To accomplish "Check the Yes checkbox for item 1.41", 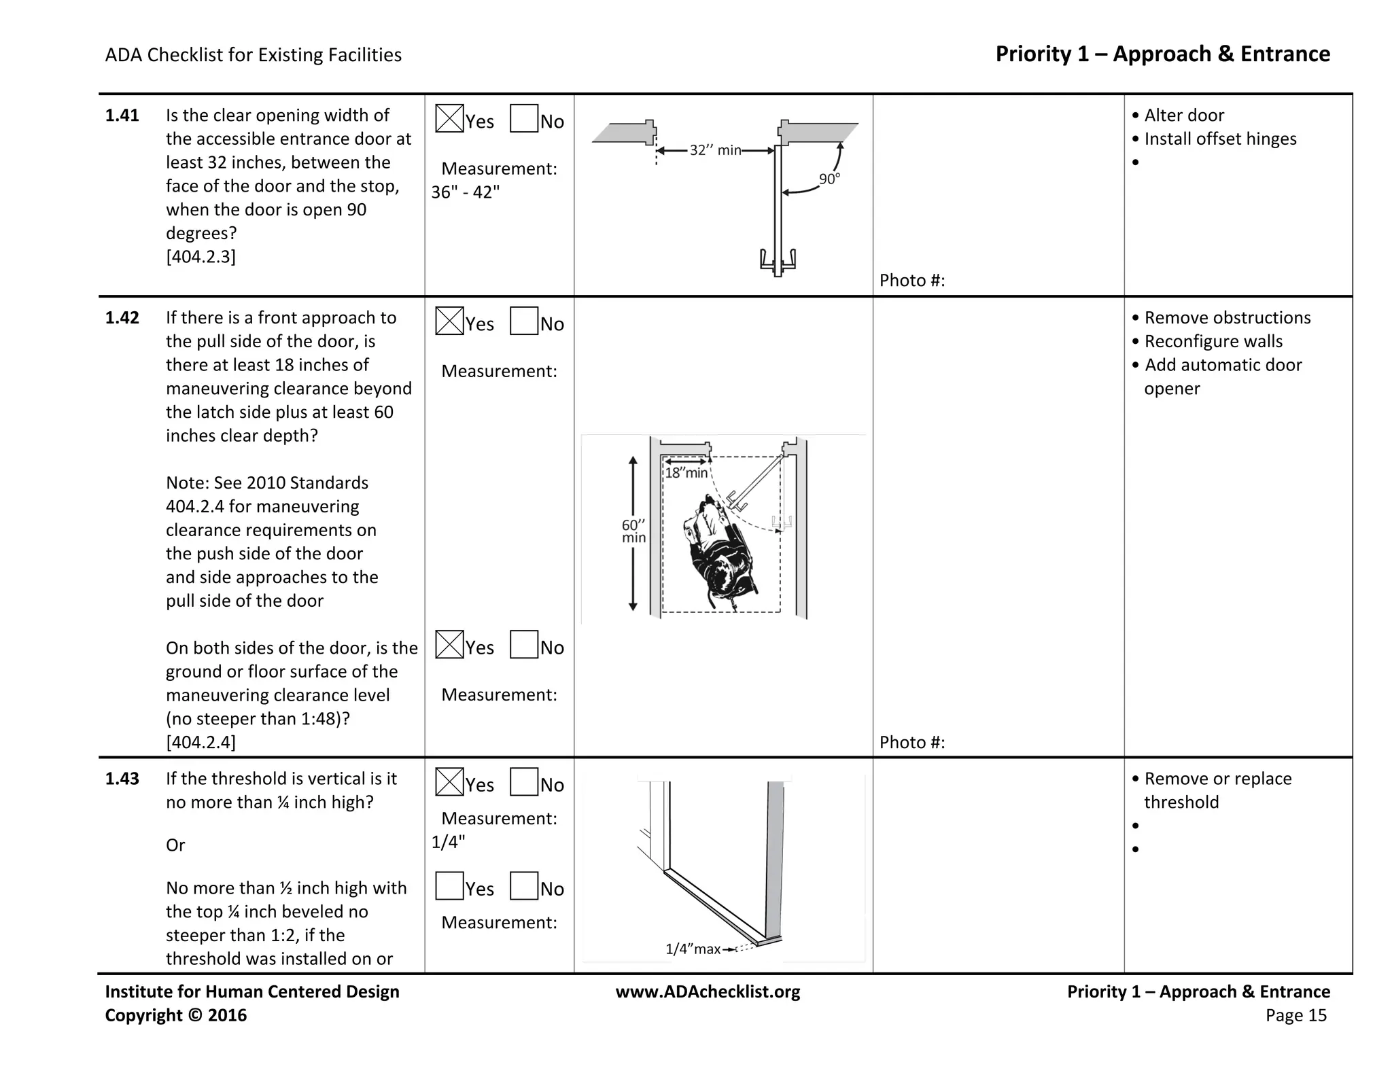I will [x=449, y=118].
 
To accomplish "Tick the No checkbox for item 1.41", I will [x=524, y=118].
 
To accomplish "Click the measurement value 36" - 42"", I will [x=465, y=192].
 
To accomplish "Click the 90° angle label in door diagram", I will [x=829, y=179].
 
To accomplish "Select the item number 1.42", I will [x=122, y=318].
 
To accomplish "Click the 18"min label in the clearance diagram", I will [x=686, y=473].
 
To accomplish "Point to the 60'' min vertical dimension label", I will [x=633, y=531].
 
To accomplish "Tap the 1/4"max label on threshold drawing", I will [x=693, y=949].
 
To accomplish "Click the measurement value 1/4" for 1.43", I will [x=448, y=842].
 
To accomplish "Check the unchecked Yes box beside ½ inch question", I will [x=449, y=886].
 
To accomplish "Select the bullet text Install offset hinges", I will [x=1220, y=139].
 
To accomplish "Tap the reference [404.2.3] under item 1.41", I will [x=201, y=257].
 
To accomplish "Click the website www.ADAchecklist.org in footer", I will [x=708, y=992].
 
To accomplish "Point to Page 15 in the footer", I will [x=1295, y=1015].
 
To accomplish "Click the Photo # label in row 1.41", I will [x=911, y=281].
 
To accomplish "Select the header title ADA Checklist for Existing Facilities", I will [x=253, y=55].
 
